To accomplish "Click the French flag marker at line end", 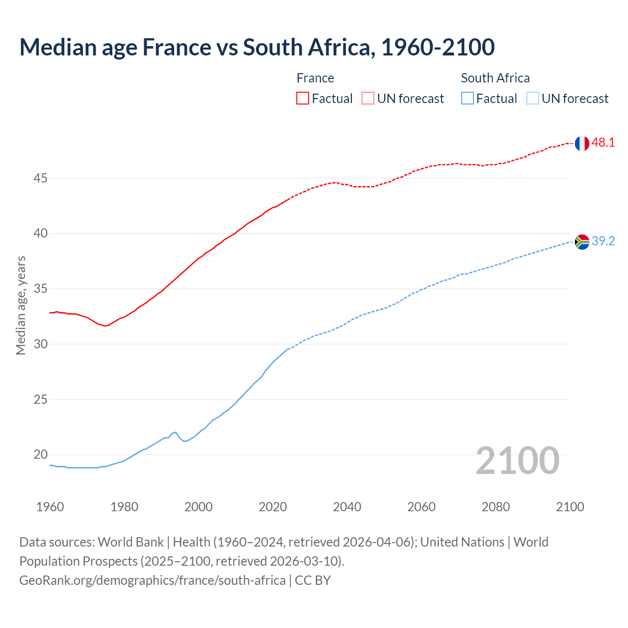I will (x=581, y=143).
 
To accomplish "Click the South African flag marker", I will (x=581, y=242).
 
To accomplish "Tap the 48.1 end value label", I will (x=603, y=143).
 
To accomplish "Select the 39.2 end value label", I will (x=603, y=241).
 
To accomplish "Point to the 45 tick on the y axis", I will (x=40, y=178).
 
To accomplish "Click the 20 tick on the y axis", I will (x=40, y=454).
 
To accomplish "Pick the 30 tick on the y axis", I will (x=40, y=344).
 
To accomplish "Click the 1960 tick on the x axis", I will (x=50, y=507).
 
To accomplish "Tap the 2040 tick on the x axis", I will (x=347, y=507).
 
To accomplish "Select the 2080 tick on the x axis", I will (x=496, y=507).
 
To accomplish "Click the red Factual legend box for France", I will (x=303, y=99).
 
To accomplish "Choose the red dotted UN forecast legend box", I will (x=368, y=99).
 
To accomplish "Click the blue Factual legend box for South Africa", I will (x=468, y=99).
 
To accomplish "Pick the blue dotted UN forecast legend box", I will (x=532, y=99).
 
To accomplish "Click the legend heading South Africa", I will (x=495, y=78).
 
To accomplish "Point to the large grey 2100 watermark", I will (x=517, y=460).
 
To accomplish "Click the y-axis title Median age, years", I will (x=21, y=305).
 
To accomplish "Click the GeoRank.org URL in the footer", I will (x=152, y=580).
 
